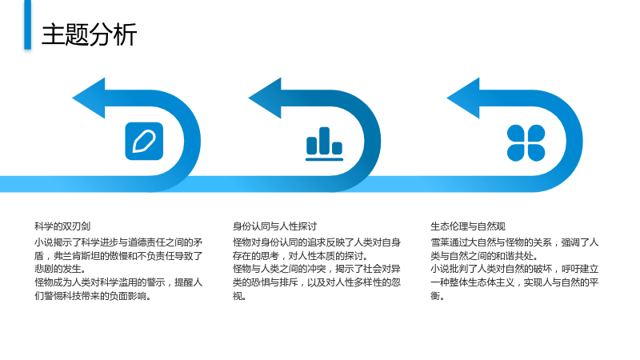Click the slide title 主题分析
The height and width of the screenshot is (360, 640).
pyautogui.click(x=89, y=34)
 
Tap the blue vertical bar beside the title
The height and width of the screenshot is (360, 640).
pyautogui.click(x=27, y=25)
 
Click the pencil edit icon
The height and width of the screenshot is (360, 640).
pyautogui.click(x=144, y=142)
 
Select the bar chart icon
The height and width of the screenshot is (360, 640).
pyautogui.click(x=325, y=144)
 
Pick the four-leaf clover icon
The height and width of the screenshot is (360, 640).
pyautogui.click(x=526, y=143)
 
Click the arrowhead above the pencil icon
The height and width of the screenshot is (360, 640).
pyautogui.click(x=89, y=98)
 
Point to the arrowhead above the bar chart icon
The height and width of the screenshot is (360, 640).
pyautogui.click(x=265, y=98)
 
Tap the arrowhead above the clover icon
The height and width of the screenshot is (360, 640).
pyautogui.click(x=463, y=98)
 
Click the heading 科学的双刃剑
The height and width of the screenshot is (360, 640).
pyautogui.click(x=62, y=226)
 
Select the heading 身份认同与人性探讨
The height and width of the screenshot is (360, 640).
pyautogui.click(x=274, y=226)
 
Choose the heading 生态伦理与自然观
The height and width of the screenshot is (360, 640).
pyautogui.click(x=468, y=226)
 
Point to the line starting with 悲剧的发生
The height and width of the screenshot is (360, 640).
pyautogui.click(x=61, y=269)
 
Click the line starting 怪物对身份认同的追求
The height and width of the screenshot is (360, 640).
pyautogui.click(x=317, y=242)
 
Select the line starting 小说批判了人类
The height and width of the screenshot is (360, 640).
pyautogui.click(x=514, y=269)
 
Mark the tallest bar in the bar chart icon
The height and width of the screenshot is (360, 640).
pyautogui.click(x=324, y=141)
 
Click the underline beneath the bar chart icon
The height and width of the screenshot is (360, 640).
pyautogui.click(x=325, y=159)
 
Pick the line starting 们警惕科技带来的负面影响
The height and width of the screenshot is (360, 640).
pyautogui.click(x=93, y=296)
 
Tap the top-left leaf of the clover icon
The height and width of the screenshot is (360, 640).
pyautogui.click(x=516, y=134)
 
